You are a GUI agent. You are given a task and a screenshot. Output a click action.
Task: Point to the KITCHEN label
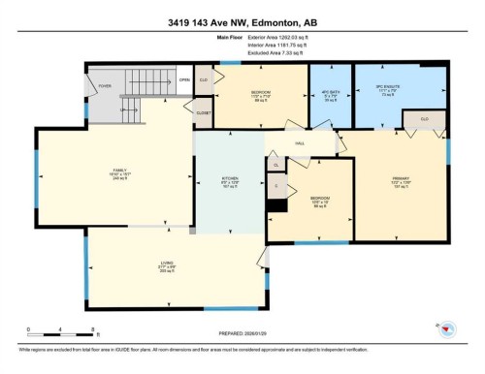230,177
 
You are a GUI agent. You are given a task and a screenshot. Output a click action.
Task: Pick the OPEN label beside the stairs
183,80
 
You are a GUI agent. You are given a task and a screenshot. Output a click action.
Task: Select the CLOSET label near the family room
203,113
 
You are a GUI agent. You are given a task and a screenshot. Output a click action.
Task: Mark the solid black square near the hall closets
278,204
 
